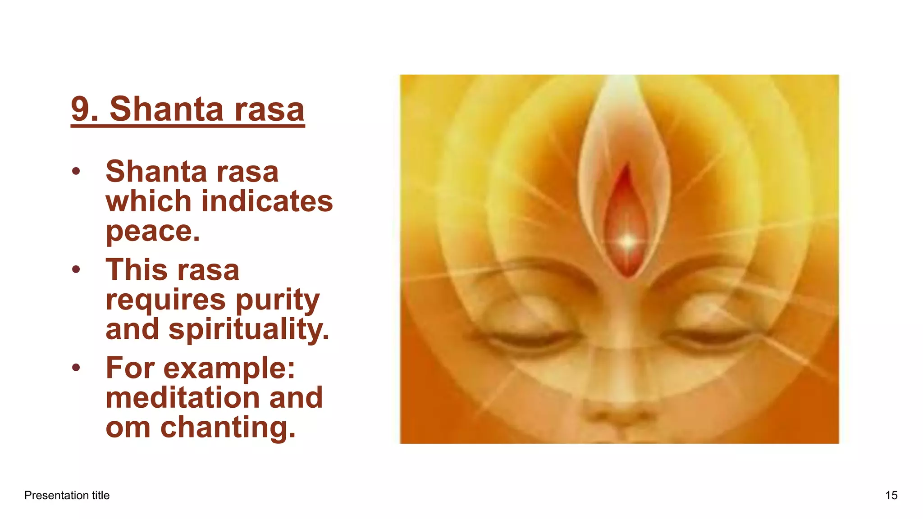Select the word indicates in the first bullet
(x=267, y=201)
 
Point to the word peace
(x=152, y=232)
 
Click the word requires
(x=165, y=300)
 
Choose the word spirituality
(x=249, y=329)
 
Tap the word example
(x=229, y=369)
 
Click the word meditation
(x=182, y=397)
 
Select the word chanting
(x=228, y=427)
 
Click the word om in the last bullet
(x=128, y=428)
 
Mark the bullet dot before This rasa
(x=76, y=269)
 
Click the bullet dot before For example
(x=76, y=368)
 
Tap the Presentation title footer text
(x=67, y=496)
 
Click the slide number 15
(x=891, y=496)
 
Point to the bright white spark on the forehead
(x=628, y=242)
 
